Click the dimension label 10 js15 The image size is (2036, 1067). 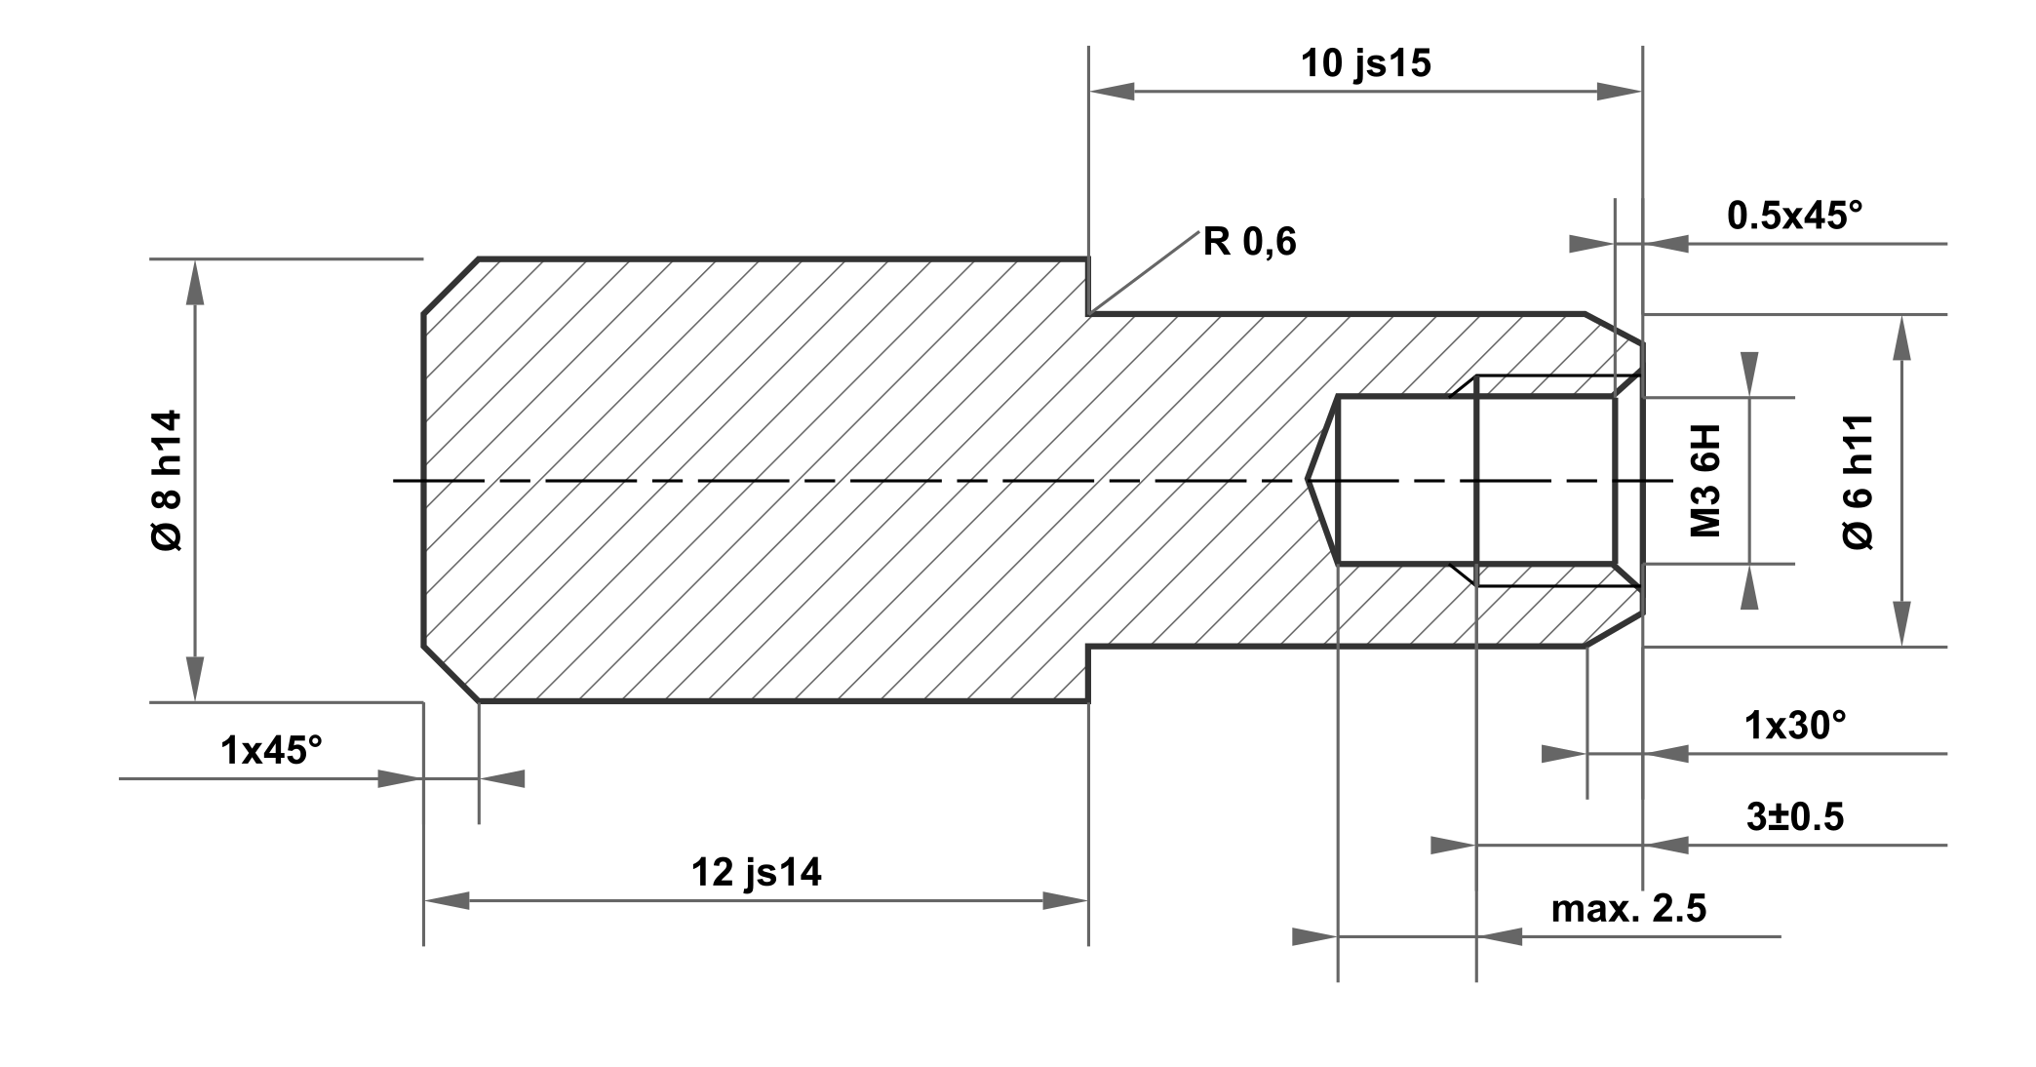click(1365, 63)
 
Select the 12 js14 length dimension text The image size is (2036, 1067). click(756, 872)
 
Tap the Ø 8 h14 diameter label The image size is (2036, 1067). click(167, 480)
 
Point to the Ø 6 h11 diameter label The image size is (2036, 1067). click(1859, 481)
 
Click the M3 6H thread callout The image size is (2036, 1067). click(1705, 480)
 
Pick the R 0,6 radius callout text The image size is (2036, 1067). click(1249, 242)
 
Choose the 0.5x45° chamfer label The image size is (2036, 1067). click(1794, 216)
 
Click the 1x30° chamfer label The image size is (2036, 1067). click(1795, 725)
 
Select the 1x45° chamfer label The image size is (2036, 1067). click(271, 750)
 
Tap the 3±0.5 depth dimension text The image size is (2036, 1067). click(1795, 816)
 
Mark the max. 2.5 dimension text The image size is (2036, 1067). click(1628, 908)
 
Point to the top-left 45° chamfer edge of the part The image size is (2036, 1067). click(450, 287)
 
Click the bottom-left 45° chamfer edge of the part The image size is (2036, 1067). click(450, 673)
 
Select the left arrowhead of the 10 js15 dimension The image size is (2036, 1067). click(1112, 92)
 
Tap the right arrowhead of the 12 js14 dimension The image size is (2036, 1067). click(1065, 900)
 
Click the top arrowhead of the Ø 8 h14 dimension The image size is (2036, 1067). click(196, 283)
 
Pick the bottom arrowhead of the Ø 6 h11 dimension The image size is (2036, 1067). click(1900, 624)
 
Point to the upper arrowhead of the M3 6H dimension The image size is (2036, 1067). click(1749, 375)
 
